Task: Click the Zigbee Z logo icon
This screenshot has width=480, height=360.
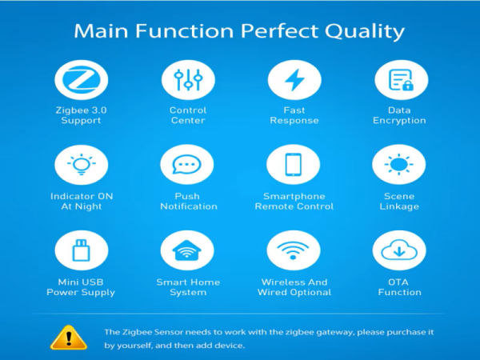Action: [81, 80]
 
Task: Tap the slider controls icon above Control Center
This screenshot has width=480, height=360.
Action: [188, 79]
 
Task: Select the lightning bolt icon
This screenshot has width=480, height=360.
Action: [294, 80]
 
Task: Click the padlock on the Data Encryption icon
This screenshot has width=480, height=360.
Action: [407, 86]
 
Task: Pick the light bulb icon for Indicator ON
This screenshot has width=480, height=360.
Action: [81, 164]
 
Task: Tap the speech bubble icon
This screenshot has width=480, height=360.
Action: [186, 165]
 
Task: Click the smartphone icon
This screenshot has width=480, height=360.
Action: [294, 165]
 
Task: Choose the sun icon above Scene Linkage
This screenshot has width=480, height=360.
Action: [399, 164]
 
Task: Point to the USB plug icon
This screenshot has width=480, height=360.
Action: [81, 250]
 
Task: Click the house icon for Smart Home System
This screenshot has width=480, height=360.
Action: [186, 250]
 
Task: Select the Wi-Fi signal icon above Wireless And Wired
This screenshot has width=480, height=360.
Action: [293, 250]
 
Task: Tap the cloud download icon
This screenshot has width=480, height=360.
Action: [399, 250]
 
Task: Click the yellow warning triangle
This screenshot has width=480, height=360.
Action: [69, 338]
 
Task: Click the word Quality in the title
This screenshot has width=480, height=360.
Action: [365, 31]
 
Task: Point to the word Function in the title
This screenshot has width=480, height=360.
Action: [185, 31]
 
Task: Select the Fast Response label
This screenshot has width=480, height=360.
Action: [294, 115]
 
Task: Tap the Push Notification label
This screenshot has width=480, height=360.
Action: [189, 201]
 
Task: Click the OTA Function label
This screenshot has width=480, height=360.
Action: [399, 287]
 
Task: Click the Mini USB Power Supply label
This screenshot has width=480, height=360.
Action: [81, 287]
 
